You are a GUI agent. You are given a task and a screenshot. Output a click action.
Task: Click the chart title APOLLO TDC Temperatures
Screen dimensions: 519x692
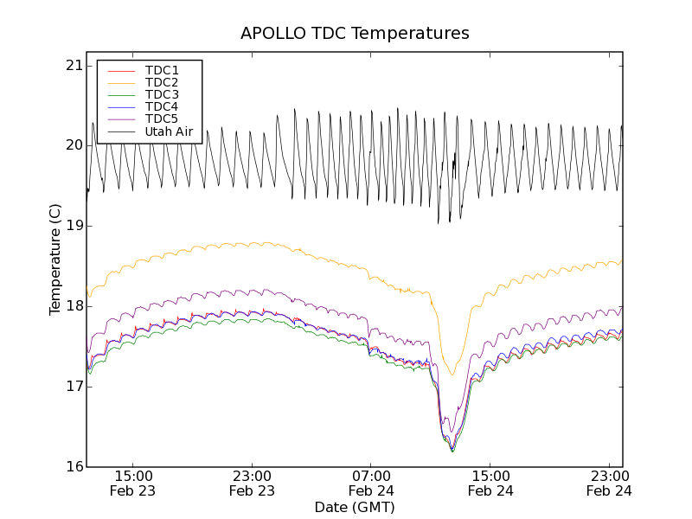(x=355, y=34)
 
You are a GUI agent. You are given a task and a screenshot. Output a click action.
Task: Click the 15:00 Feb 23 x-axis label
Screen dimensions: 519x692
(x=134, y=484)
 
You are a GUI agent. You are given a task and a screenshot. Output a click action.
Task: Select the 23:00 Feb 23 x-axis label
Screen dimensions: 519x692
(x=253, y=484)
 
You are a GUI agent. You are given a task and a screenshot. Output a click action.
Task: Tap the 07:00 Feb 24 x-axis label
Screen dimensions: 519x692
(x=371, y=484)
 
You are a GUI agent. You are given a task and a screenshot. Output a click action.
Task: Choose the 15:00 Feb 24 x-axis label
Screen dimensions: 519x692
(x=490, y=484)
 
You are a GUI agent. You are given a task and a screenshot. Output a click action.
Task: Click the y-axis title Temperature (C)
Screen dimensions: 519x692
(x=55, y=259)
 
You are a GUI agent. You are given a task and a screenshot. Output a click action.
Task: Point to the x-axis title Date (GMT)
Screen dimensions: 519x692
(x=355, y=507)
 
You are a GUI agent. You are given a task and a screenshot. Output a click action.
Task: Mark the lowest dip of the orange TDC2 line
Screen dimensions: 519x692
(x=452, y=375)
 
